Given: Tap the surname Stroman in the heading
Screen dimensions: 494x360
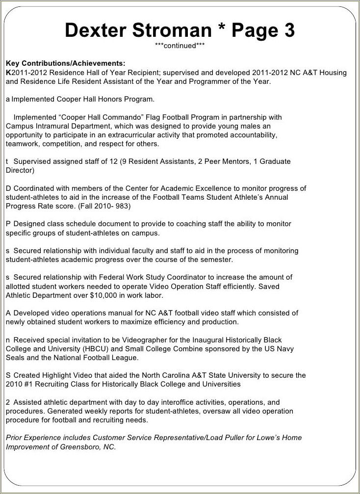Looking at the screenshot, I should coord(171,30).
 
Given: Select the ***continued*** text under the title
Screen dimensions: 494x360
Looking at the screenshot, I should coord(180,46).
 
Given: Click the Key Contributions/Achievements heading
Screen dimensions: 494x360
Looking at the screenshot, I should coord(65,63).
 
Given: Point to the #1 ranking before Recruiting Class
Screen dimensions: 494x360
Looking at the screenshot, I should coord(30,384).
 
